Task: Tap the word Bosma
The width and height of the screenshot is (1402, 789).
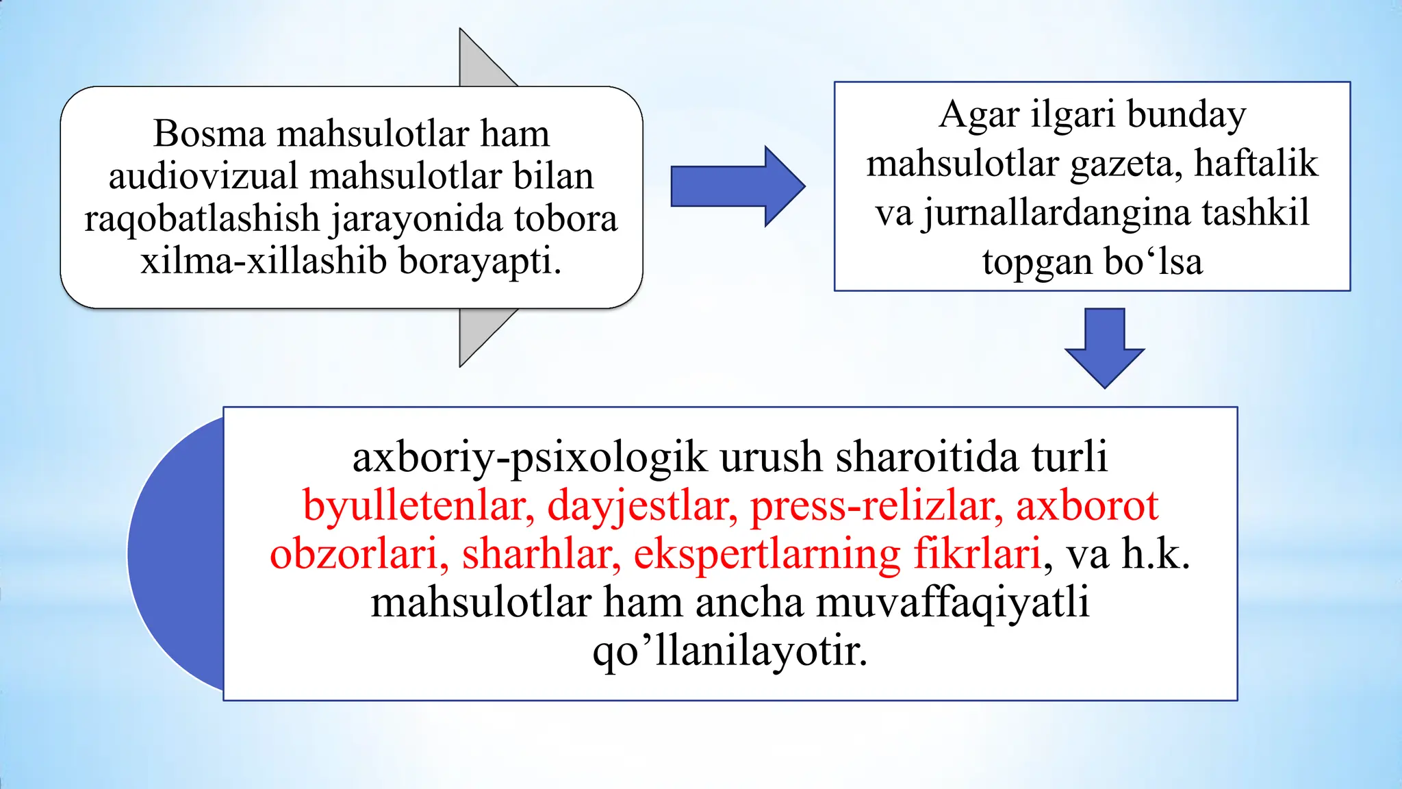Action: pyautogui.click(x=209, y=133)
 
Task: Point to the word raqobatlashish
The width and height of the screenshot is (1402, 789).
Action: pyautogui.click(x=202, y=219)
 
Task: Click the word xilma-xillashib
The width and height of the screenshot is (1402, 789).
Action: pyautogui.click(x=264, y=261)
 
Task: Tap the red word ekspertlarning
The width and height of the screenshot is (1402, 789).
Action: pyautogui.click(x=767, y=554)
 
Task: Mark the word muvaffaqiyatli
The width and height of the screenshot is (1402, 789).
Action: pyautogui.click(x=952, y=603)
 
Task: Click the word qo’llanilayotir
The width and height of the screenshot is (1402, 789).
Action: pyautogui.click(x=730, y=651)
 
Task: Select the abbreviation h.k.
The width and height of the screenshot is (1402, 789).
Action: pyautogui.click(x=1155, y=554)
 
